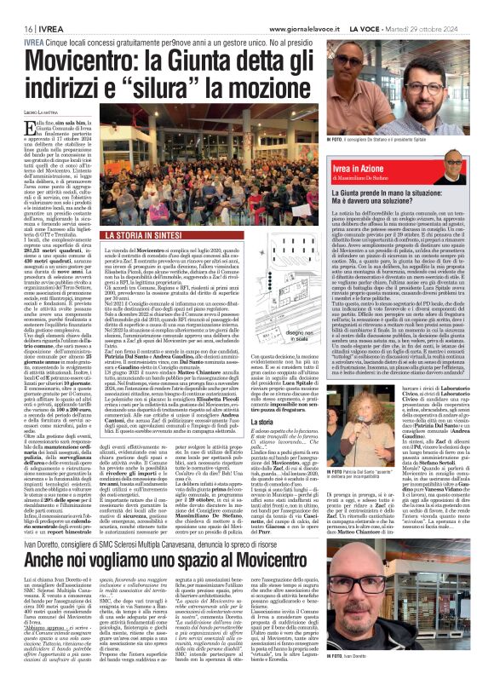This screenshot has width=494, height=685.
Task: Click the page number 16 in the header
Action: pyautogui.click(x=17, y=7)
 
